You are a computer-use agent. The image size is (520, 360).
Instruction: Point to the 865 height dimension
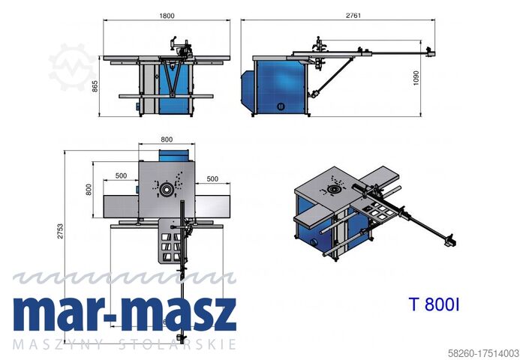95,86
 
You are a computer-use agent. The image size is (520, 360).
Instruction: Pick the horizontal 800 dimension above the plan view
166,139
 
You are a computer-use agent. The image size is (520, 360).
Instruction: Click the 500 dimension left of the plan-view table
120,178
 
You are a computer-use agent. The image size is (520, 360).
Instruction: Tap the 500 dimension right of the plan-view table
212,178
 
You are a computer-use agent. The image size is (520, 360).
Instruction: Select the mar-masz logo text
125,316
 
